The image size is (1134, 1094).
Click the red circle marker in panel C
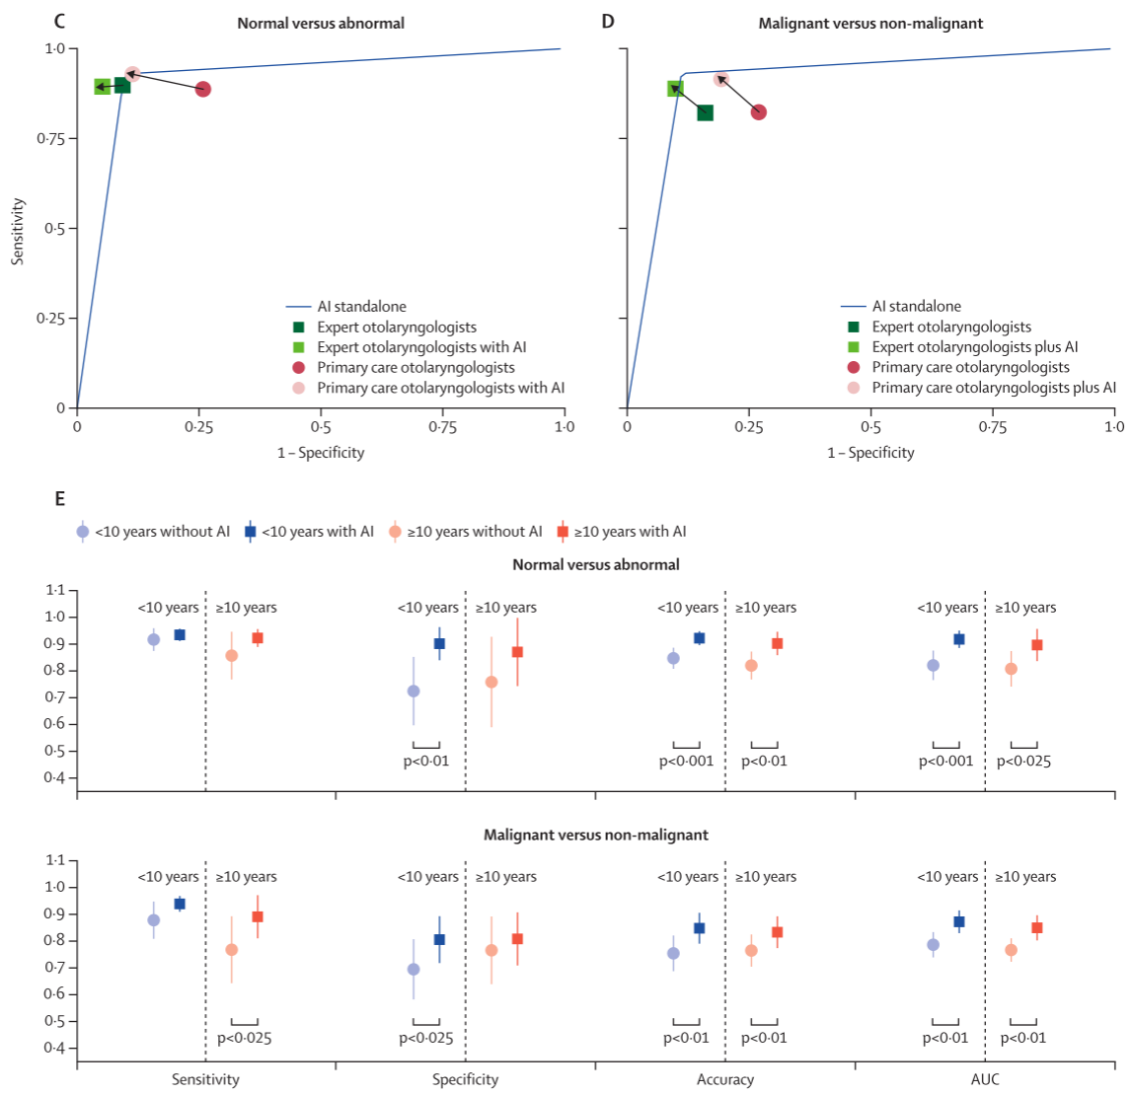pyautogui.click(x=202, y=89)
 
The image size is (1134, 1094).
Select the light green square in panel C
pyautogui.click(x=102, y=87)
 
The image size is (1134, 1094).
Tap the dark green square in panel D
pyautogui.click(x=705, y=112)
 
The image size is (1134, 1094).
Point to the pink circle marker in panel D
pyautogui.click(x=721, y=79)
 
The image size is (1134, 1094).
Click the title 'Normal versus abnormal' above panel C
pyautogui.click(x=321, y=23)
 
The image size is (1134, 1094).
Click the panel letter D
pyautogui.click(x=608, y=21)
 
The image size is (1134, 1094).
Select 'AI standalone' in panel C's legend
pyautogui.click(x=361, y=307)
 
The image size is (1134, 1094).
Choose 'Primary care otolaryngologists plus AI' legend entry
pyautogui.click(x=994, y=388)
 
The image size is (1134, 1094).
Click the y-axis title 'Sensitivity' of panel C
pyautogui.click(x=17, y=231)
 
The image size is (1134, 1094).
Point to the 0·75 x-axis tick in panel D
pyautogui.click(x=992, y=427)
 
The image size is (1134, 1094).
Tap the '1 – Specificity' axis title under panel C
pyautogui.click(x=321, y=453)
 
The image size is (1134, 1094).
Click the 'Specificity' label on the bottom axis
pyautogui.click(x=465, y=1079)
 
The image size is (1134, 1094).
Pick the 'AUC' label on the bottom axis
pyautogui.click(x=985, y=1079)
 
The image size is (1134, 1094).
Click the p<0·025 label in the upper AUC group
pyautogui.click(x=1023, y=762)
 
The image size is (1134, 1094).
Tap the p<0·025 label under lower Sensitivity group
pyautogui.click(x=244, y=1038)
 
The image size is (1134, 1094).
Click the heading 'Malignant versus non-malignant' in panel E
pyautogui.click(x=595, y=835)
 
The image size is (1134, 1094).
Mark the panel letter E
pyautogui.click(x=60, y=498)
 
